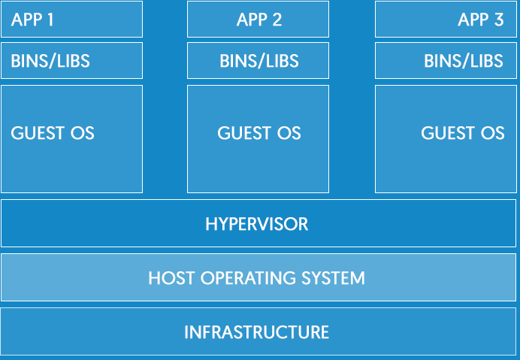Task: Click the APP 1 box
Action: click(71, 20)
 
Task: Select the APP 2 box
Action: click(258, 20)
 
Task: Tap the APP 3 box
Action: click(447, 20)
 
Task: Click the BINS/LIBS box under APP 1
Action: click(71, 61)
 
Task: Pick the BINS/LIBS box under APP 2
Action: click(258, 61)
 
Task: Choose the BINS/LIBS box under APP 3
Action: click(447, 61)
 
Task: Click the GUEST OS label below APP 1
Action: click(53, 134)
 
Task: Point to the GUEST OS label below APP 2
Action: click(259, 134)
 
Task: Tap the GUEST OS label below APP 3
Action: click(462, 134)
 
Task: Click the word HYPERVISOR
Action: click(257, 224)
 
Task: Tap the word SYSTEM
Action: click(334, 278)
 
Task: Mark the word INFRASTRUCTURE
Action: click(257, 331)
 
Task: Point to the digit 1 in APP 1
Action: click(50, 20)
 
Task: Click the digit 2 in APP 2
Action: click(277, 20)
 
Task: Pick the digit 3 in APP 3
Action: click(498, 20)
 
